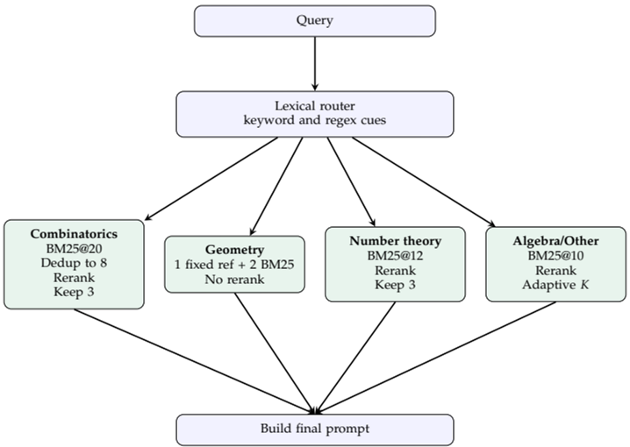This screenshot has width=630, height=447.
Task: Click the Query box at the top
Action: (x=315, y=20)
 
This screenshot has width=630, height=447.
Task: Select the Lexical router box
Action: (x=315, y=112)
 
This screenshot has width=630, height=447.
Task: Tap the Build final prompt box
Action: (x=315, y=429)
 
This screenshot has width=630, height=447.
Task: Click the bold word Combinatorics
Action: (x=74, y=234)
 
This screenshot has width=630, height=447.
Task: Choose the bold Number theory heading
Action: (x=395, y=240)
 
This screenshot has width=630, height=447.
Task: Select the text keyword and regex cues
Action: (x=315, y=120)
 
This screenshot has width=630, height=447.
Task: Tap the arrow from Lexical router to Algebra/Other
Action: (x=421, y=180)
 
